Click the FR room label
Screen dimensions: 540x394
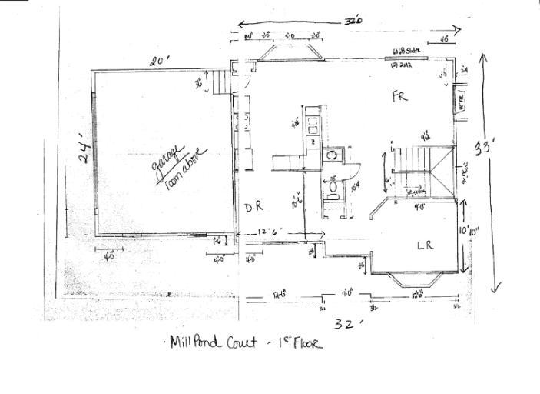[x=399, y=98]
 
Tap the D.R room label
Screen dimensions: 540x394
[x=254, y=209]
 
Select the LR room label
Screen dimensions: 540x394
[x=426, y=245]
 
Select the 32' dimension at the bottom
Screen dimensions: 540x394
[x=347, y=324]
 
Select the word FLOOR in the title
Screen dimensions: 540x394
[x=306, y=344]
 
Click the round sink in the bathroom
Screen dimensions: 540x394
[x=332, y=155]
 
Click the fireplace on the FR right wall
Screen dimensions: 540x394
[x=461, y=101]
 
